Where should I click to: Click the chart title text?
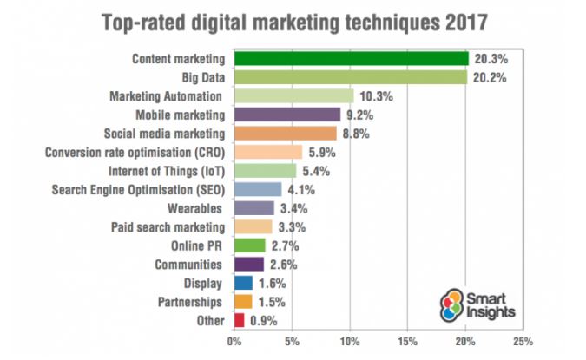[x=293, y=21]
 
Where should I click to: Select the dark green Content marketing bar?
[x=351, y=59]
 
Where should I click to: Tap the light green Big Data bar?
[x=350, y=77]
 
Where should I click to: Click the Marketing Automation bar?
[x=293, y=96]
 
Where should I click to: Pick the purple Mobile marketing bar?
[x=286, y=115]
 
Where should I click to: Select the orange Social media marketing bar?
[x=285, y=134]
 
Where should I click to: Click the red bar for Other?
[x=239, y=320]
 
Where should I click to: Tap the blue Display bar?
[x=243, y=283]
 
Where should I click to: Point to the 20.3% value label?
[x=488, y=59]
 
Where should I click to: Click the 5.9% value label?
[x=321, y=153]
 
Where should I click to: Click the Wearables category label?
[x=197, y=208]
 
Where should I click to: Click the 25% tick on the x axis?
[x=523, y=341]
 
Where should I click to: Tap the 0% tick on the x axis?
[x=234, y=341]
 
